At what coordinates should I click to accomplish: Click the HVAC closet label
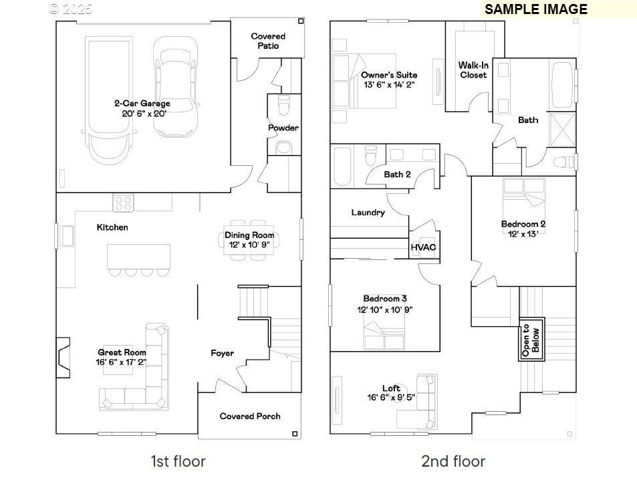(x=423, y=247)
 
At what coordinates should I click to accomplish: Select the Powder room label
(x=283, y=128)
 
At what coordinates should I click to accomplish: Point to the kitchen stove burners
(x=123, y=201)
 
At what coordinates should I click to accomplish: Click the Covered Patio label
(x=268, y=41)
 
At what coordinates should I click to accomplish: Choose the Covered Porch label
(x=250, y=416)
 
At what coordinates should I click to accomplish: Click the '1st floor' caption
(x=178, y=461)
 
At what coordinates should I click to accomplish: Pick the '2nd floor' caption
(x=453, y=461)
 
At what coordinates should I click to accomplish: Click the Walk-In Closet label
(x=473, y=70)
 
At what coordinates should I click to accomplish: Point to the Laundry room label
(x=368, y=213)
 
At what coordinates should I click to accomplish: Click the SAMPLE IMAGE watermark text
(x=536, y=9)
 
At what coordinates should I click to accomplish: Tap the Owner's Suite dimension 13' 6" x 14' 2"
(x=389, y=85)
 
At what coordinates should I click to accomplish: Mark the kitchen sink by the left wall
(x=67, y=236)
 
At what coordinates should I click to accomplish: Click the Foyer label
(x=222, y=353)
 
